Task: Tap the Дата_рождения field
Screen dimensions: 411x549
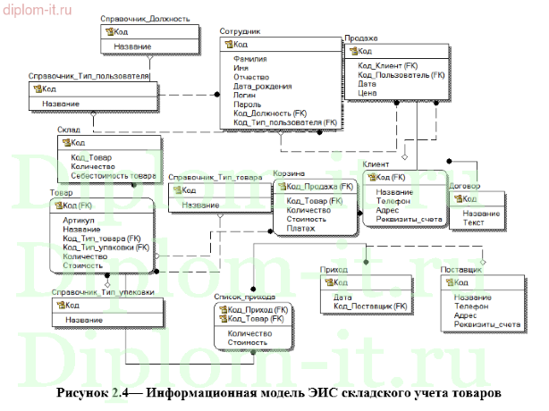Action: pos(262,87)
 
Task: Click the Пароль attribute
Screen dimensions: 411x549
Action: pos(247,105)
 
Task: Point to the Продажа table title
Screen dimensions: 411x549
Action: pos(360,39)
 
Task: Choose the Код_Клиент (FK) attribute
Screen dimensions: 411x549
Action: pos(388,66)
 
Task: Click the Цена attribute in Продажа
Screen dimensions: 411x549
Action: pos(367,93)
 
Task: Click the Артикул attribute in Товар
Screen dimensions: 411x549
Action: pos(80,219)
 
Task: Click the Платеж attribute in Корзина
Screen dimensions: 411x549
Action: pos(300,228)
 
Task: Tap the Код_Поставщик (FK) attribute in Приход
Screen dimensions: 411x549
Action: pos(371,306)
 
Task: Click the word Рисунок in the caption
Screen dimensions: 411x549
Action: pos(84,393)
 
